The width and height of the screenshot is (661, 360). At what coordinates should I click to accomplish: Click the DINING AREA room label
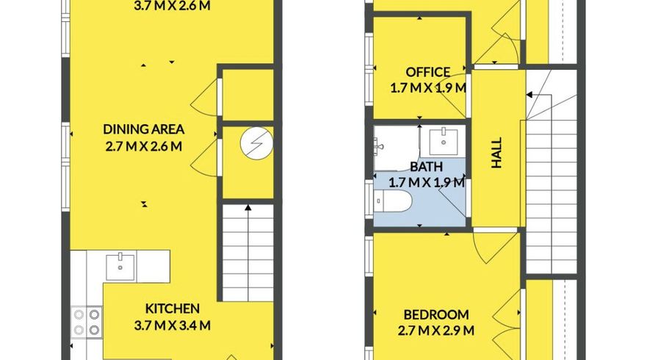(x=143, y=129)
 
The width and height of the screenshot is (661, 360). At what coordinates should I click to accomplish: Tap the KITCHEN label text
(x=173, y=309)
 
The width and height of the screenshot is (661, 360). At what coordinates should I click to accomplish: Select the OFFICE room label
(x=428, y=72)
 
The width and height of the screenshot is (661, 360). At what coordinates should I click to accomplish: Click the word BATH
(x=426, y=167)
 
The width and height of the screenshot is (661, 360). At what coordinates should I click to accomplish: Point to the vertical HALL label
(x=497, y=153)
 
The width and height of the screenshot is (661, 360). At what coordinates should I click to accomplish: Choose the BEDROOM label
(x=436, y=314)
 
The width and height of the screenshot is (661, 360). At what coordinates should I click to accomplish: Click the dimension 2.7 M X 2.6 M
(x=143, y=146)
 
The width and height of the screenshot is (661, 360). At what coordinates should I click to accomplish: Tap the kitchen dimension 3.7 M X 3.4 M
(x=173, y=325)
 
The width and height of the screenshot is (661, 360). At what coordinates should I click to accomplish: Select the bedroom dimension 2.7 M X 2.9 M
(x=436, y=331)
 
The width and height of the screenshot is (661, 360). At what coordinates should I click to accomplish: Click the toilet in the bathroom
(x=393, y=201)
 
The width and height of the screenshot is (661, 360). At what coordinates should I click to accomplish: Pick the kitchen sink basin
(x=120, y=267)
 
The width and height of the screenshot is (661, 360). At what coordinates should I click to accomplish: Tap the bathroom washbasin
(x=444, y=142)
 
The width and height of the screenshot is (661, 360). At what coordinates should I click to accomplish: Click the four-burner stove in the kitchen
(x=87, y=322)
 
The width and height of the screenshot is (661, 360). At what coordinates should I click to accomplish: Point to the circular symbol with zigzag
(x=256, y=143)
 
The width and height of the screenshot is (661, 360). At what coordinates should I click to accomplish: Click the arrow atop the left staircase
(x=248, y=207)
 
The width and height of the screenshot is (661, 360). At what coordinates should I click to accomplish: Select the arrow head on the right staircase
(x=529, y=95)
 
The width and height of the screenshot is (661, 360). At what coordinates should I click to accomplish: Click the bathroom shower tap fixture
(x=378, y=147)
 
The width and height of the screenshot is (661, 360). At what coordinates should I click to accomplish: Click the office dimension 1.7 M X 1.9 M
(x=428, y=88)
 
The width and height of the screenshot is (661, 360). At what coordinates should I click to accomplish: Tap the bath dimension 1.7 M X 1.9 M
(x=426, y=182)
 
